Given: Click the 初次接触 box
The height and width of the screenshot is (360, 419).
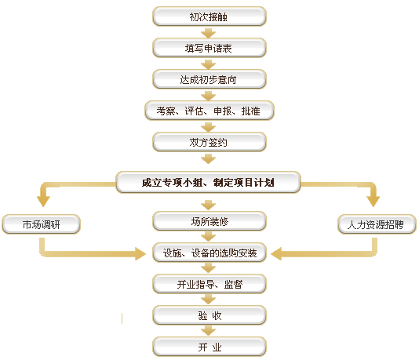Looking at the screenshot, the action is pos(209,16).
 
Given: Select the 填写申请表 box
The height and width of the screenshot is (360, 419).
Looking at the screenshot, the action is pos(209,48).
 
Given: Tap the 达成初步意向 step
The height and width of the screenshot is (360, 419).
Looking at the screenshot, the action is pos(209,79).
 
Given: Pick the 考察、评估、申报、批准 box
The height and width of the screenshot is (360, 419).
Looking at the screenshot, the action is pos(209,111).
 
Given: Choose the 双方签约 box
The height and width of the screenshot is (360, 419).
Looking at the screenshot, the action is pos(209,142).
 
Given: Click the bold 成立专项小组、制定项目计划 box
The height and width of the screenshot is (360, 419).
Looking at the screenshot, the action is pos(209,183).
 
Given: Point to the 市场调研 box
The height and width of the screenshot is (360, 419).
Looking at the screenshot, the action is pos(41,224).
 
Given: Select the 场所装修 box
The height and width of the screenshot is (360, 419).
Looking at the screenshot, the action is pos(209,221).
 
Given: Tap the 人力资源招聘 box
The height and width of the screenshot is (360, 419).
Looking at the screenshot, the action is pos(377,224).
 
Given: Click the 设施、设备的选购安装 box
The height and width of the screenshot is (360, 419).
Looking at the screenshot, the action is pos(209,253).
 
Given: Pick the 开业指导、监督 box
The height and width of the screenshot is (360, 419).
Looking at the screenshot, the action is pos(209,284).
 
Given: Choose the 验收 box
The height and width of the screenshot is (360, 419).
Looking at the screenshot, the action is pos(209,315).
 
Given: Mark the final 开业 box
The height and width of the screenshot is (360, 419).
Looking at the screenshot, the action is pos(209,347).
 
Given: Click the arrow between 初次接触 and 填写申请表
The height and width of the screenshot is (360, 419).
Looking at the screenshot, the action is pos(209,33).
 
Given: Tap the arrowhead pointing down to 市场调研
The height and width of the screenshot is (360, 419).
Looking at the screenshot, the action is pos(43,202).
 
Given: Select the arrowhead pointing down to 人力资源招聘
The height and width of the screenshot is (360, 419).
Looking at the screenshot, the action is pos(373,202).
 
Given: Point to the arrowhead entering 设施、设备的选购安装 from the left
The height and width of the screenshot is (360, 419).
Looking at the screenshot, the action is pos(140,253).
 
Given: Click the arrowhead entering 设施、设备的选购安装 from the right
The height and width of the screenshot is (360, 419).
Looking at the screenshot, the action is pos(276,253).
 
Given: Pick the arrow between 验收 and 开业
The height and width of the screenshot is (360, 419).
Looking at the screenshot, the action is pos(209,331).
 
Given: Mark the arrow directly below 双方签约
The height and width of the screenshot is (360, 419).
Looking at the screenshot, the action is pos(209,158).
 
